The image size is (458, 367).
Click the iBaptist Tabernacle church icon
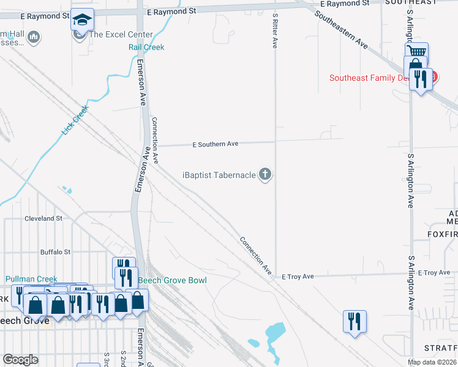pyautogui.click(x=265, y=175)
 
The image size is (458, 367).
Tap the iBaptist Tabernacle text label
pyautogui.click(x=219, y=175)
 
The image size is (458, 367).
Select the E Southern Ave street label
pyautogui.click(x=215, y=144)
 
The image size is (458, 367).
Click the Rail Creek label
pyautogui.click(x=146, y=47)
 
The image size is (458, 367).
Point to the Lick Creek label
pyautogui.click(x=75, y=120)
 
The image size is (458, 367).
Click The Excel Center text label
pyautogui.click(x=121, y=34)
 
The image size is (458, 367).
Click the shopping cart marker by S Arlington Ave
pyautogui.click(x=417, y=52)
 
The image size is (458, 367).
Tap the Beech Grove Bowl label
pyautogui.click(x=172, y=280)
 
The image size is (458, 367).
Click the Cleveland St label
pyautogui.click(x=43, y=218)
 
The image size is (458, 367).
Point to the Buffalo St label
pyautogui.click(x=56, y=251)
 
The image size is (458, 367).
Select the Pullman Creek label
pyautogui.click(x=31, y=279)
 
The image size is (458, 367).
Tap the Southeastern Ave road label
pyautogui.click(x=342, y=30)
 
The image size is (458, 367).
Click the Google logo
pyautogui.click(x=20, y=359)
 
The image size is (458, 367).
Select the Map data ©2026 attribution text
pyautogui.click(x=432, y=362)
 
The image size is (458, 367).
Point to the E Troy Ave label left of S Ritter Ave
pyautogui.click(x=298, y=276)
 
